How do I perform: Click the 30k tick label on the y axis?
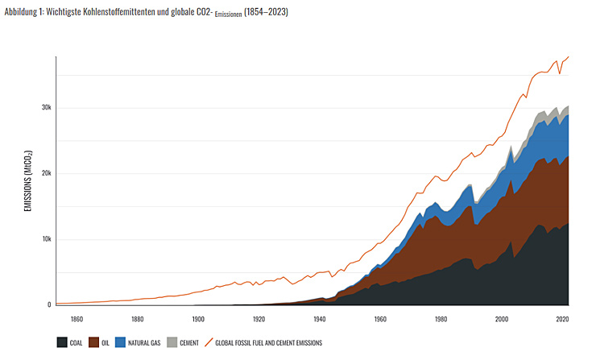click(46, 108)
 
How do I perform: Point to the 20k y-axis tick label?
click(46, 174)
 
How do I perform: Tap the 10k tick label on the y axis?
click(46, 240)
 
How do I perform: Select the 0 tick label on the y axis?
click(49, 305)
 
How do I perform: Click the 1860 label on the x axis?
click(77, 318)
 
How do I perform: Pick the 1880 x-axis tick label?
click(137, 318)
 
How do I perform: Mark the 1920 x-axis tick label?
click(259, 318)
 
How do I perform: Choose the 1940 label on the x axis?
click(319, 318)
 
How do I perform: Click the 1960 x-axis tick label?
click(379, 318)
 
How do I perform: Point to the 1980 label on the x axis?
click(441, 318)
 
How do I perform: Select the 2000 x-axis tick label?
click(501, 318)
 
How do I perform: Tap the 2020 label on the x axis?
click(561, 318)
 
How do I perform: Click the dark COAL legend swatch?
click(62, 342)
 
